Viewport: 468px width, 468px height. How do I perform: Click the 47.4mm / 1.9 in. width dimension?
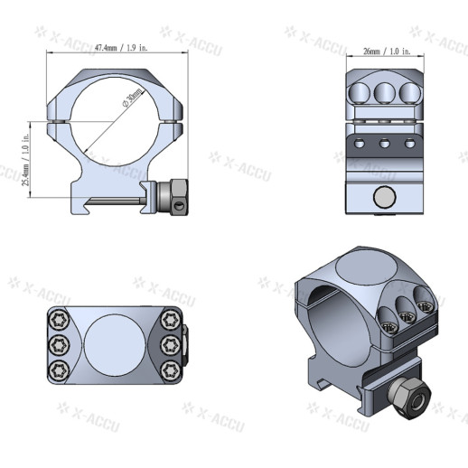[x=117, y=47]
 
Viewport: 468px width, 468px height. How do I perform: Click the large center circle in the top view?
[x=117, y=345]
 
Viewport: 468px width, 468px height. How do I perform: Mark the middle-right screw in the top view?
[x=170, y=344]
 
